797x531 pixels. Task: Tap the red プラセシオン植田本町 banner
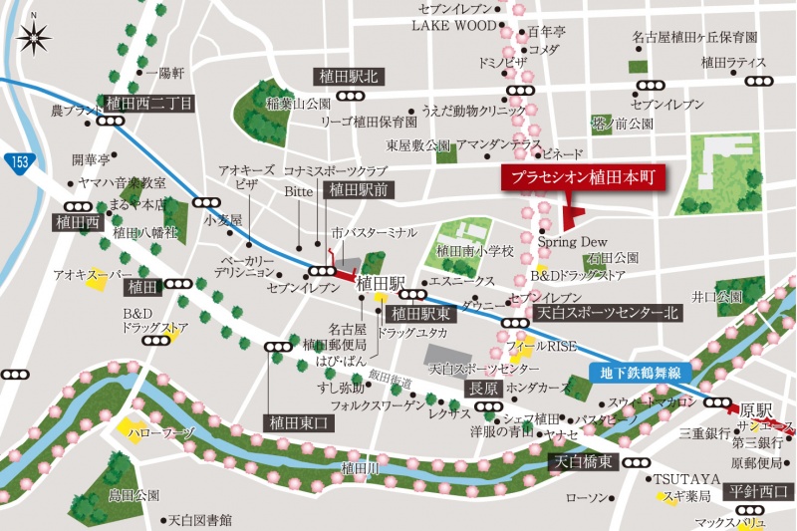click(582, 179)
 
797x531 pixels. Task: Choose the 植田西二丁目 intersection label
click(149, 102)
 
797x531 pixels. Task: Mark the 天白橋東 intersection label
click(585, 462)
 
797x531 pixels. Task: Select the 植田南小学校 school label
click(475, 251)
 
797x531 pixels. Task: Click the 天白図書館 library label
click(199, 520)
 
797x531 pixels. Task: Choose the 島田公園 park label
click(134, 494)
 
